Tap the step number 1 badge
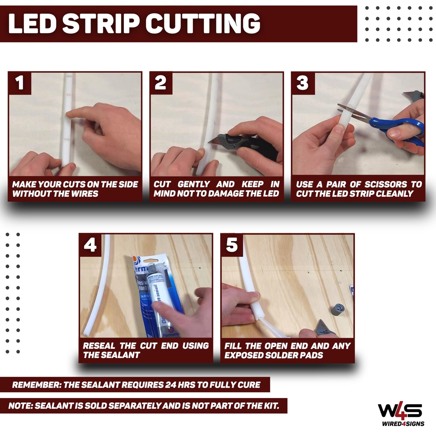point(20,83)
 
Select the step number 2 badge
point(161,83)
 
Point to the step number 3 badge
point(302,83)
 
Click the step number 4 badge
point(90,245)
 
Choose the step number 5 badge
point(232,245)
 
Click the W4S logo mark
point(400,411)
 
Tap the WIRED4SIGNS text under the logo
point(403,424)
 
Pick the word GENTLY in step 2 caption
point(194,184)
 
